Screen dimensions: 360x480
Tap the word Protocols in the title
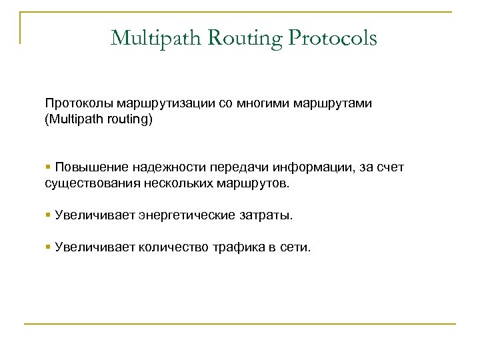[x=333, y=38]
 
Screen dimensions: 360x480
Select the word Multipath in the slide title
[x=150, y=38]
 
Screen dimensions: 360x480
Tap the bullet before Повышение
[x=48, y=166]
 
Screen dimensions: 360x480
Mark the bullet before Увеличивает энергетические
[x=48, y=215]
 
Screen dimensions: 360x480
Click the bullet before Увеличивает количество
[x=48, y=248]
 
